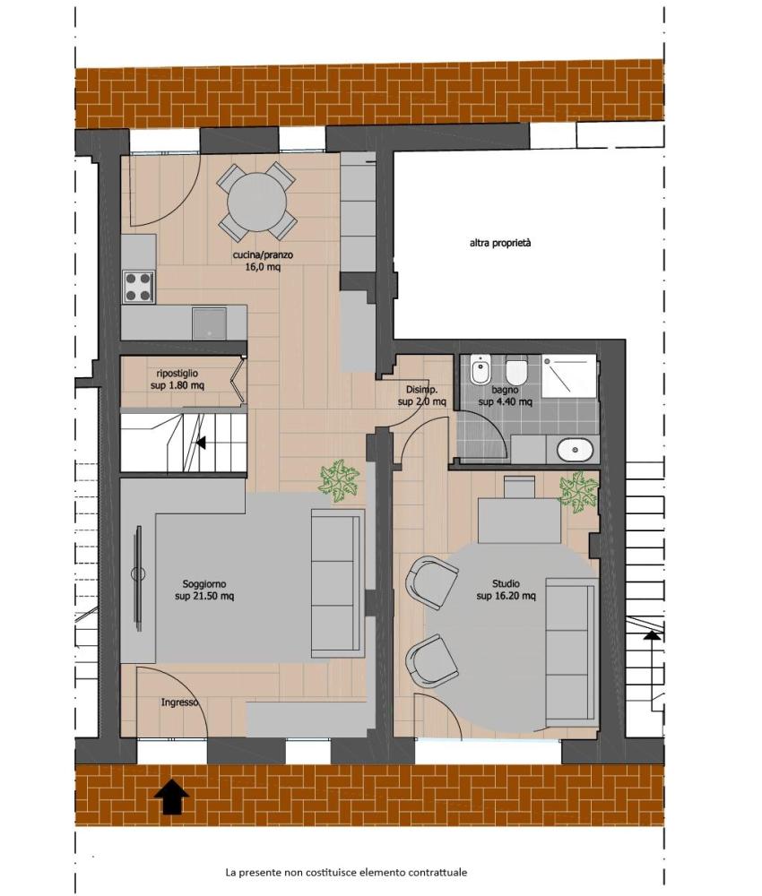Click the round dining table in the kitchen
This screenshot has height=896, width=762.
click(257, 202)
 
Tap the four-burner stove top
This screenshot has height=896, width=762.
click(139, 287)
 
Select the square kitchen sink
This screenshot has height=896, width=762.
click(209, 323)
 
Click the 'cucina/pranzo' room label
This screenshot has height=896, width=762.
click(263, 254)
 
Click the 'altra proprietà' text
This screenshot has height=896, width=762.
click(500, 243)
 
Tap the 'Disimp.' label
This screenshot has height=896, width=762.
click(422, 390)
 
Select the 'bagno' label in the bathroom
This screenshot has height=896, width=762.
click(506, 390)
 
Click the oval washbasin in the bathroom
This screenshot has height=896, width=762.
click(575, 450)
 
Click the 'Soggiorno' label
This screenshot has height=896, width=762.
click(204, 584)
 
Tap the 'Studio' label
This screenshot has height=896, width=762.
click(506, 583)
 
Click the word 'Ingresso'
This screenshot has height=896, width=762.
click(179, 702)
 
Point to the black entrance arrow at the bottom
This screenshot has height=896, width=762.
click(172, 797)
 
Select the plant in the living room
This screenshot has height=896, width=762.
click(339, 480)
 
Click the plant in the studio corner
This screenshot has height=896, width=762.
click(578, 491)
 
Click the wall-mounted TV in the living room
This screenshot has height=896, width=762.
click(138, 576)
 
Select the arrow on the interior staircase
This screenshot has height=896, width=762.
click(201, 442)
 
